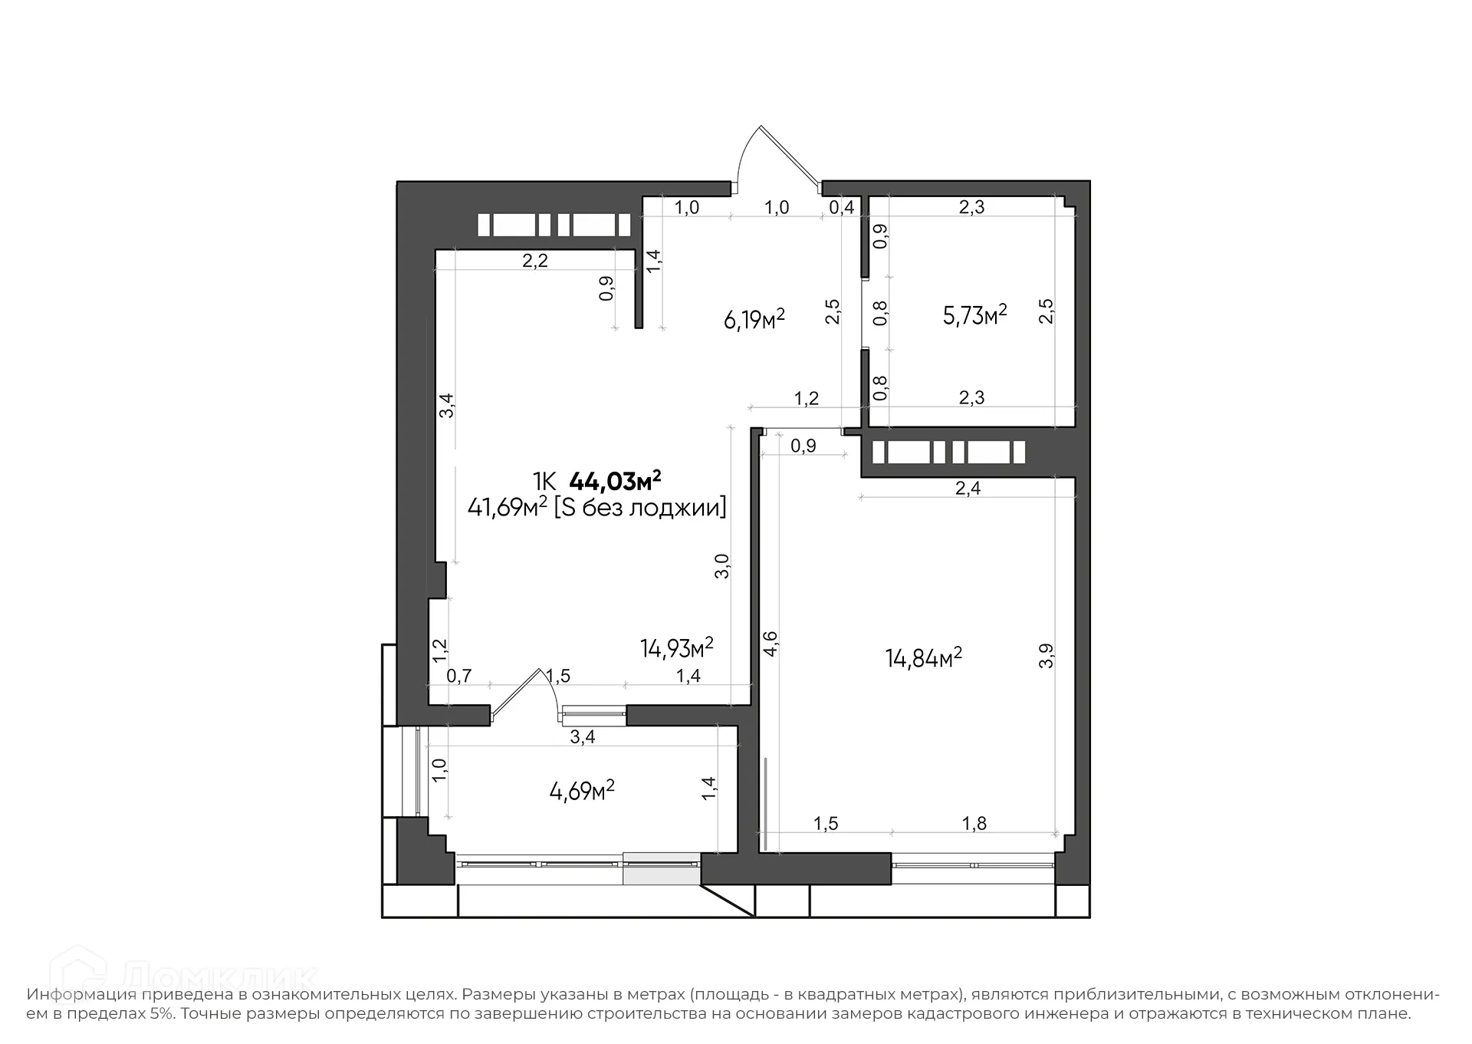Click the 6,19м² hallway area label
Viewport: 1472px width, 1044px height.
[754, 318]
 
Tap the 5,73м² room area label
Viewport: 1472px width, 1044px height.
[974, 315]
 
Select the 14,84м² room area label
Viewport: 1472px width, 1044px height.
[923, 658]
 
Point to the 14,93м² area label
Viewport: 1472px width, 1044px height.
[676, 648]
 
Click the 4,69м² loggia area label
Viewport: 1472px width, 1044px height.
[582, 791]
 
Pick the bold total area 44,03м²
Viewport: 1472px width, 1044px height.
[615, 482]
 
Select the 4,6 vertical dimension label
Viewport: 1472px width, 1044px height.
[770, 642]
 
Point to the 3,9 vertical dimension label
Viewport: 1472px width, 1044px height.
[1046, 656]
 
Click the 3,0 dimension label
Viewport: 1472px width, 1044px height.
[721, 566]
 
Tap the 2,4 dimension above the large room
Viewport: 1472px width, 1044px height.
[968, 489]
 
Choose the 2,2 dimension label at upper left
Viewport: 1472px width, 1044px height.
[535, 261]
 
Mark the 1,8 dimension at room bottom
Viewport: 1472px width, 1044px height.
[974, 824]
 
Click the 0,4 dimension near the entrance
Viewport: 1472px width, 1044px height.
[842, 208]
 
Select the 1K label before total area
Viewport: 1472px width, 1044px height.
[544, 482]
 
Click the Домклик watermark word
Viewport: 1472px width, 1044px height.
[219, 978]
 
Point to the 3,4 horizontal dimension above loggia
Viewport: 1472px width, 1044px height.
[583, 737]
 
